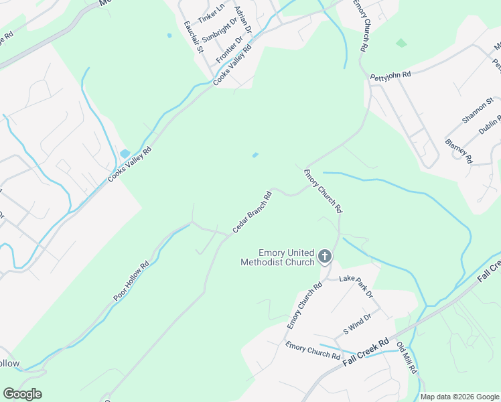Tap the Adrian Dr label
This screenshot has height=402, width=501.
click(243, 19)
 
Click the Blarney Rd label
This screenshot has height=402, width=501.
click(459, 151)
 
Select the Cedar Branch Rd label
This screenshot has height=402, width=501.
click(252, 212)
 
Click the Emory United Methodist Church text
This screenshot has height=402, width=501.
click(278, 257)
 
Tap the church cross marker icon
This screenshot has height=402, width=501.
click(325, 255)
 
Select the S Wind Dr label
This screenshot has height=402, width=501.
click(357, 324)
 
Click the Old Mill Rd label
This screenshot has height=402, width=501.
click(407, 358)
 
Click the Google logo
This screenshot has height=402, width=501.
click(22, 394)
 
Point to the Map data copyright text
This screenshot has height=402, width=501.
click(459, 397)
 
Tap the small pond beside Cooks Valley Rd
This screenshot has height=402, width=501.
click(125, 153)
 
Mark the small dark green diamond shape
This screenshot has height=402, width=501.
click(401, 43)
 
